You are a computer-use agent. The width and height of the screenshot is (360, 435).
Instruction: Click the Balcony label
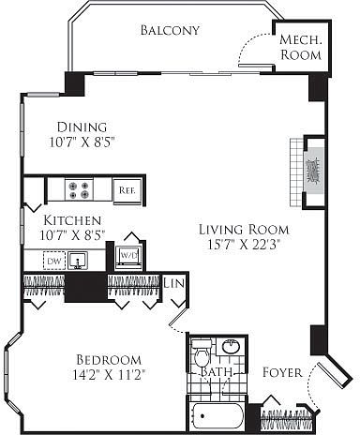[x=170, y=30]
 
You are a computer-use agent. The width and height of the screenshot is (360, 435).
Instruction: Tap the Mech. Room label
[x=301, y=47]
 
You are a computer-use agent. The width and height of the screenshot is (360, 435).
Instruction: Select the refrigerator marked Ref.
[x=127, y=190]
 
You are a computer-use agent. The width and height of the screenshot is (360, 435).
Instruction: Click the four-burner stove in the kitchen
[x=79, y=190]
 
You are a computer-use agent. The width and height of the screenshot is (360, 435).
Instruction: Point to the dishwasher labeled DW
[x=54, y=261]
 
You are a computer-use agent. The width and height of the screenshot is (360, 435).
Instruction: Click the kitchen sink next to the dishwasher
[x=78, y=261]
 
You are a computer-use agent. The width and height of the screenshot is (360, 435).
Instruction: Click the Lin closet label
[x=173, y=283]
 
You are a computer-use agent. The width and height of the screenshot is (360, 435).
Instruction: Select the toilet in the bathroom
[x=202, y=353]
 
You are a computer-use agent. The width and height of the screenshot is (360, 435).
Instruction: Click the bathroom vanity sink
[x=231, y=347]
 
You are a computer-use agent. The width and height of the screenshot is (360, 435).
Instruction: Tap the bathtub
[x=217, y=415]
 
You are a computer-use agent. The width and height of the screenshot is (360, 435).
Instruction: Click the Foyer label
[x=282, y=372]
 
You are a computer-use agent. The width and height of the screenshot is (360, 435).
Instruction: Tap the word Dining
[x=82, y=127]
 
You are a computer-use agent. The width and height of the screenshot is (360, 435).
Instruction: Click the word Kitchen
[x=72, y=220]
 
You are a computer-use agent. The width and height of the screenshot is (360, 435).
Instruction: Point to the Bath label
[x=217, y=372]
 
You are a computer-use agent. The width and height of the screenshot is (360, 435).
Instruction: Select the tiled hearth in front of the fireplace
[x=296, y=172]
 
